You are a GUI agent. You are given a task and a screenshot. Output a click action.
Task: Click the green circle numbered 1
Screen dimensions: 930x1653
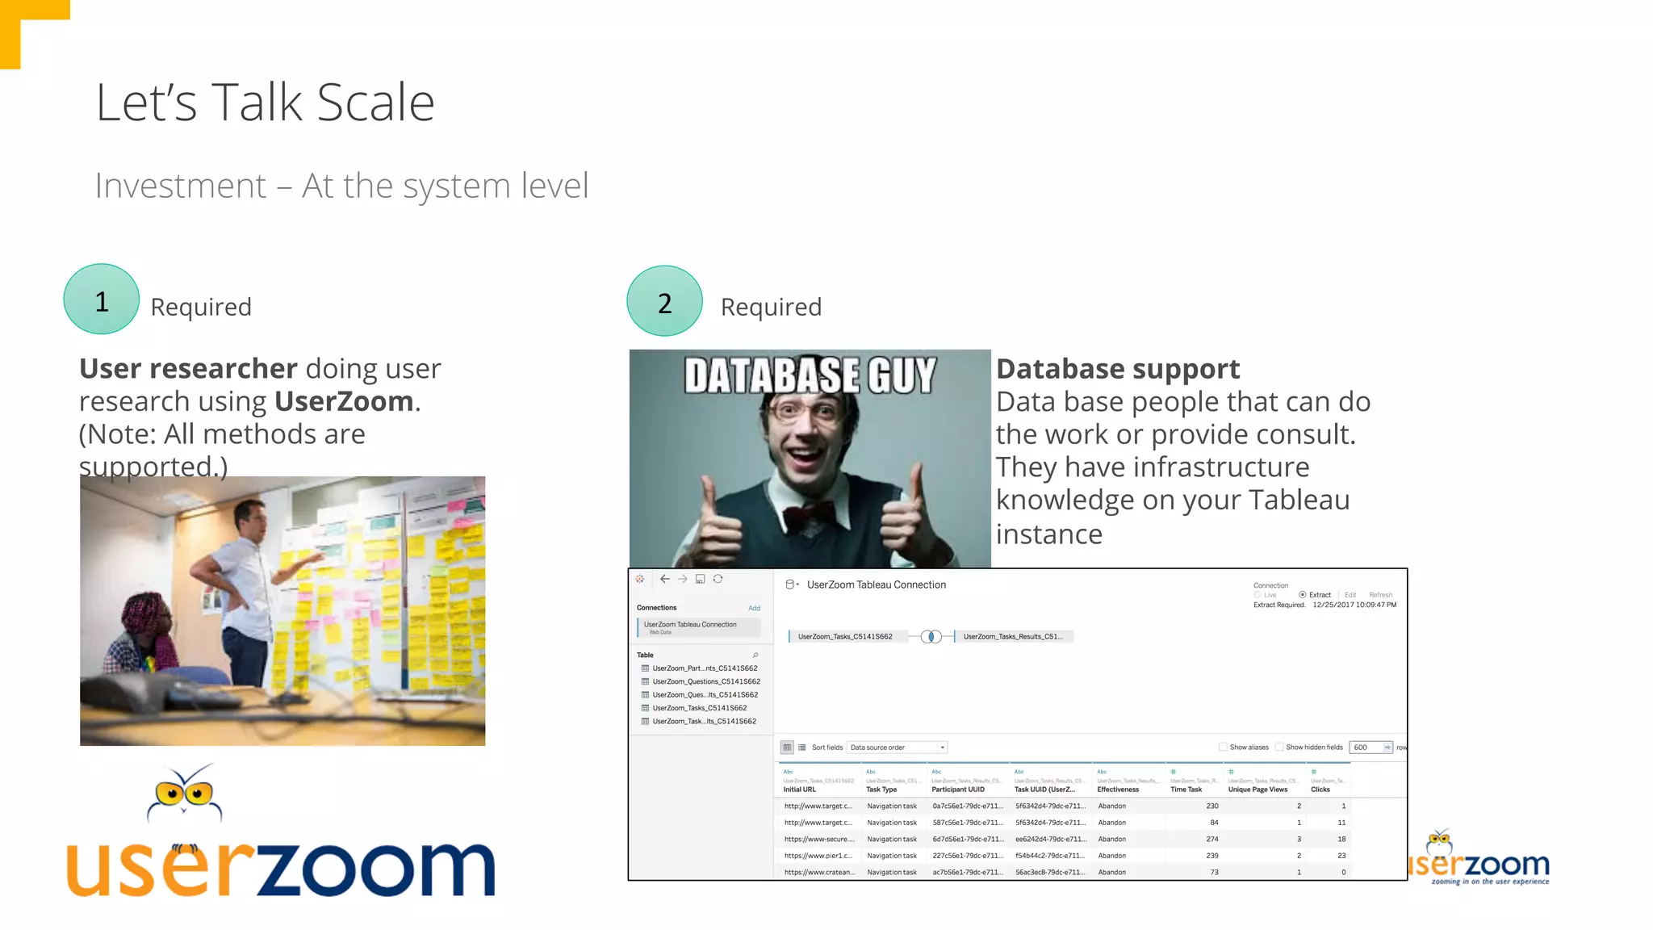102,300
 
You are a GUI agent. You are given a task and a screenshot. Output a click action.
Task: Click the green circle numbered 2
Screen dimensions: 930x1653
664,301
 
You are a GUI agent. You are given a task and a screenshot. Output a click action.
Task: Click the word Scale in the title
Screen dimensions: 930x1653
375,103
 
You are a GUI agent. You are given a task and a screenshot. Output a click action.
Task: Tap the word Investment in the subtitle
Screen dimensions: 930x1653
180,186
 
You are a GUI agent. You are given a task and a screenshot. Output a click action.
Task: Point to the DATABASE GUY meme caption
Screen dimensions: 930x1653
810,375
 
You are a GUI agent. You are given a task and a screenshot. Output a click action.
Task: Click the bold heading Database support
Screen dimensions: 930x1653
1117,369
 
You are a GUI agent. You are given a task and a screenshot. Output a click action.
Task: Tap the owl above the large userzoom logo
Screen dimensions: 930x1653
185,793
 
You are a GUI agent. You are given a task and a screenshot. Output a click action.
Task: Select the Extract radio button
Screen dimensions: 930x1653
1302,595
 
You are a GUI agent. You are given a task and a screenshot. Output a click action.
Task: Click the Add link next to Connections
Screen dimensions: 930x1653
754,608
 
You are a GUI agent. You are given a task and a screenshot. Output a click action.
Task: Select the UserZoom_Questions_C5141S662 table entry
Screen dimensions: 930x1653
705,681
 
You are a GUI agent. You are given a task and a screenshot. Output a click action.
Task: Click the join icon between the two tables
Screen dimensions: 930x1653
931,637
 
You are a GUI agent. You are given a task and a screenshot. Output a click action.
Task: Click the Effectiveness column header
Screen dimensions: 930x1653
1118,790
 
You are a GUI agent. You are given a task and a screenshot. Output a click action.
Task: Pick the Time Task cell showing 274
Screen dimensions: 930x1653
1212,839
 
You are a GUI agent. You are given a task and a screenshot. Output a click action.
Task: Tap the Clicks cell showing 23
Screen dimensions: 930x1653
1341,856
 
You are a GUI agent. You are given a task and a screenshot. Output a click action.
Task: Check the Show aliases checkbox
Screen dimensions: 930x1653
1223,748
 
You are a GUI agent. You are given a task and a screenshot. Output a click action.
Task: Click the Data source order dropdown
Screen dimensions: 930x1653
897,748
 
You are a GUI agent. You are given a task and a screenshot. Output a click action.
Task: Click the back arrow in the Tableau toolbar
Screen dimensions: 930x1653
665,579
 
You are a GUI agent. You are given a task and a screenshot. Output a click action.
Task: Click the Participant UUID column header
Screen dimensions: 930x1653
958,790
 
